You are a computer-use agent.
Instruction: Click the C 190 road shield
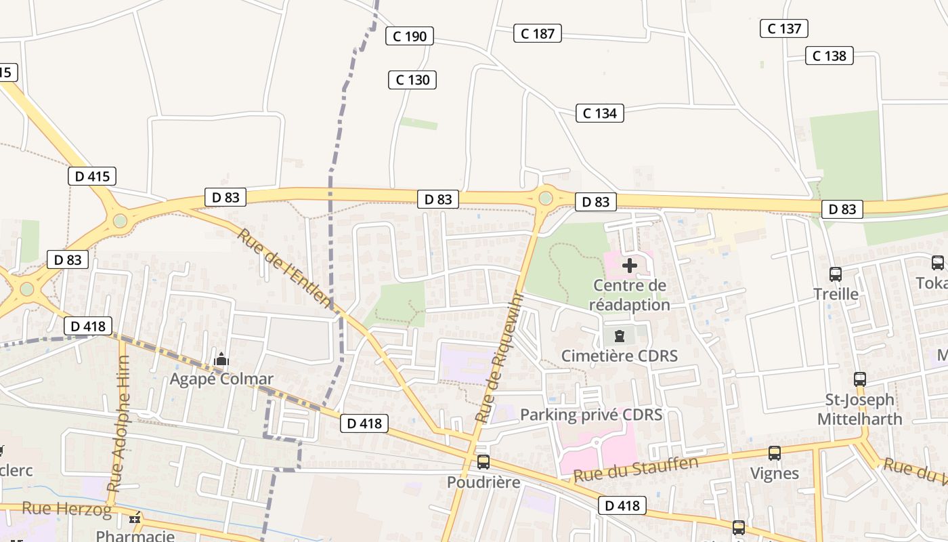point(410,36)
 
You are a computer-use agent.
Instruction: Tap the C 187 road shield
point(538,33)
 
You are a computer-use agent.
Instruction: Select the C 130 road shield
point(412,80)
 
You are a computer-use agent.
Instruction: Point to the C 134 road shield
point(600,113)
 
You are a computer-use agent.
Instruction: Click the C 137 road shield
point(784,28)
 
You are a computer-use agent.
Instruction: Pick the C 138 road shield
point(829,56)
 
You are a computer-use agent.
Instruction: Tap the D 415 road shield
point(92,177)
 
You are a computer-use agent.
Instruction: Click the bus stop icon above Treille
point(836,274)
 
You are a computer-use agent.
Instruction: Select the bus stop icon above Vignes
point(775,453)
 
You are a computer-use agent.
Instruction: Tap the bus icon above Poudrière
point(483,462)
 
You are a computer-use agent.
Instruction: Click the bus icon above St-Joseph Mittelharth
point(860,379)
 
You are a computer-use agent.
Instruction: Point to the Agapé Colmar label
point(221,379)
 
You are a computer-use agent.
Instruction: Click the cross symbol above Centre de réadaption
point(629,265)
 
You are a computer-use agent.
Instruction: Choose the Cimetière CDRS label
point(620,356)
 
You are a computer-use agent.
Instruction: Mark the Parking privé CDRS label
point(591,414)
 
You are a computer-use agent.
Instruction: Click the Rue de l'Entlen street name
point(285,268)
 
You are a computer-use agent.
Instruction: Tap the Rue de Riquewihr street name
point(500,357)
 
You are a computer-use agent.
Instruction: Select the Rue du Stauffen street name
point(636,469)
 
